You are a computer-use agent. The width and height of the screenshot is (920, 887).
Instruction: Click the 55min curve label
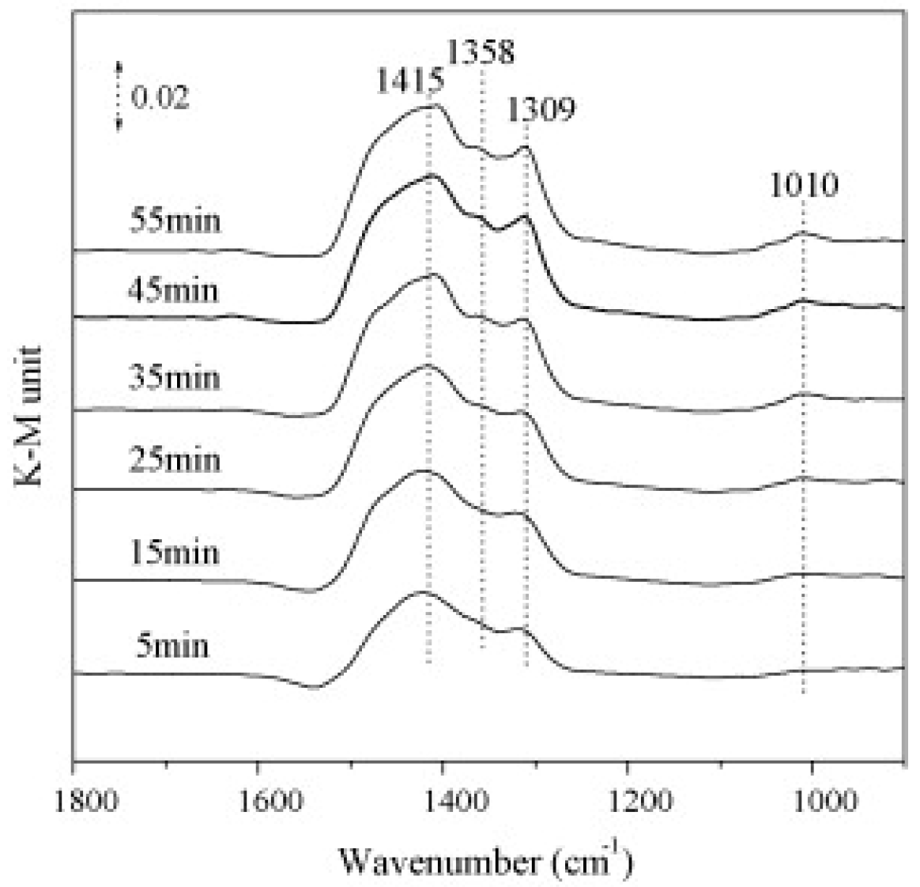[176, 219]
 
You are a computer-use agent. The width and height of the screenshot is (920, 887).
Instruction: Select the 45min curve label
[173, 290]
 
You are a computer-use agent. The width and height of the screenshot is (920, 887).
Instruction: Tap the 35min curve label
[175, 377]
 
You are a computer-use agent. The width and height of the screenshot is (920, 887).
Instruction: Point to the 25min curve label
[175, 460]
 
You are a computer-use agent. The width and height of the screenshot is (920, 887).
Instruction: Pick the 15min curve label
[175, 551]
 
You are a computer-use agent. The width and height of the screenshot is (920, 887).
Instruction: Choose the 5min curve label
[173, 646]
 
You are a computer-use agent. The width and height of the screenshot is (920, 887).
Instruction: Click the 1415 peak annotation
[410, 80]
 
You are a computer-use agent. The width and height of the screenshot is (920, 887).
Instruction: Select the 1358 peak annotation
[481, 52]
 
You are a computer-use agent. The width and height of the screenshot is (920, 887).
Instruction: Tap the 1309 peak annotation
[541, 109]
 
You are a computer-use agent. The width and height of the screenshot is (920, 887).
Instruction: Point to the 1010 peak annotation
[804, 186]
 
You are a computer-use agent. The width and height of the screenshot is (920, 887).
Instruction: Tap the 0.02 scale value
[160, 98]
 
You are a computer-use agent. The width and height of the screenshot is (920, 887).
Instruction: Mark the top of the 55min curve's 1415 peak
[431, 105]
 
